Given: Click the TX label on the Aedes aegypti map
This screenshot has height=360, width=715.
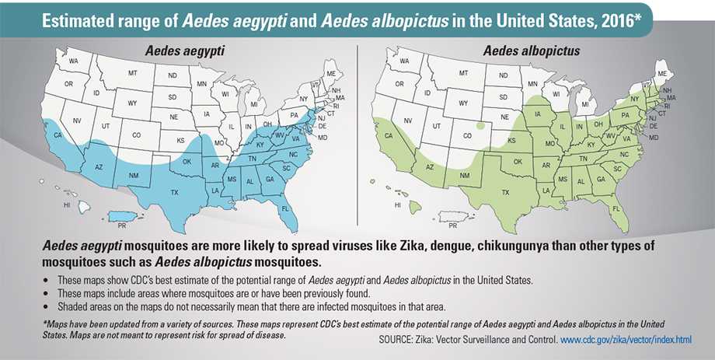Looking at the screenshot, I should [175, 192].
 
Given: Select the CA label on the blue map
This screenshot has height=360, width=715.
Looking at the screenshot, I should [56, 134].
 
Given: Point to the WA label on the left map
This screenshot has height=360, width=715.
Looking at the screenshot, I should [74, 60].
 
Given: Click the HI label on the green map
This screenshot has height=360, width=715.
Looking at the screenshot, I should [397, 205].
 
